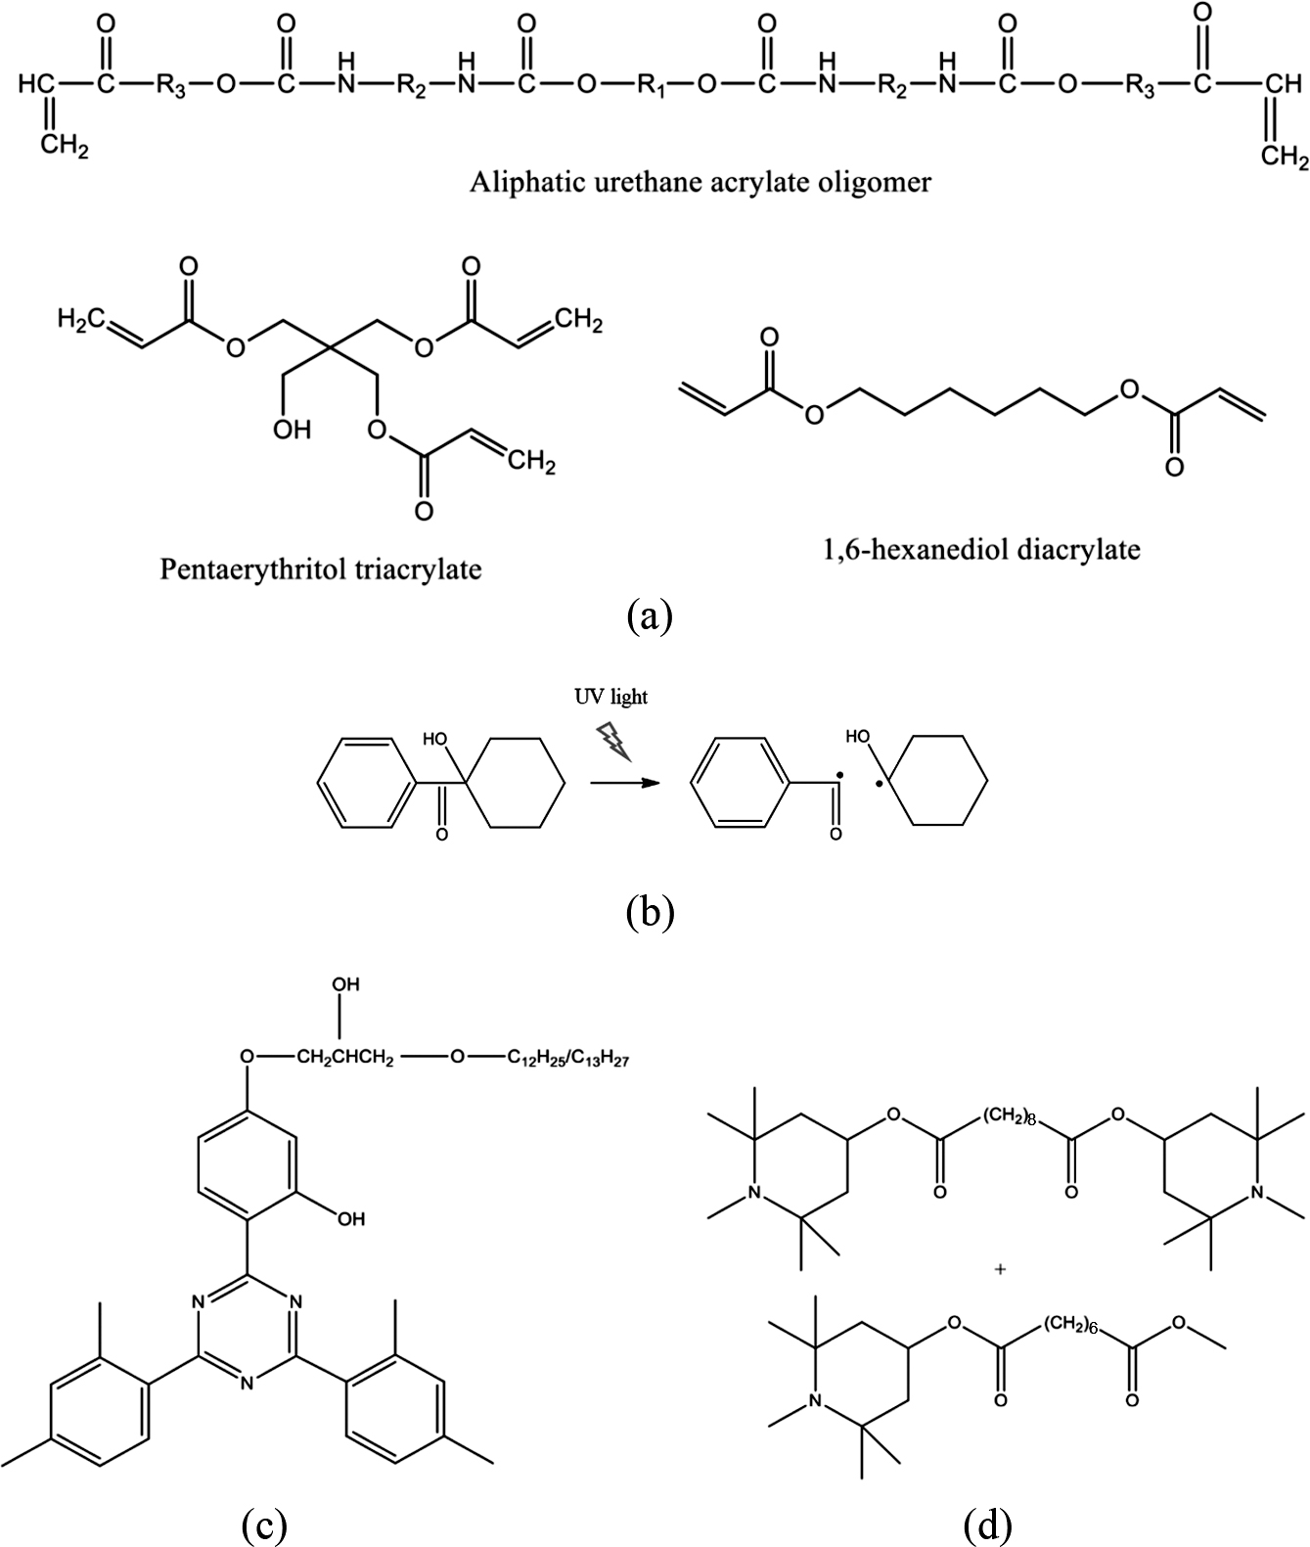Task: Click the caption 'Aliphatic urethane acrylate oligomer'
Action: click(x=700, y=183)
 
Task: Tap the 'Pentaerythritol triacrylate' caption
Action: click(x=321, y=569)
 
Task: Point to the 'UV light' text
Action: click(x=610, y=697)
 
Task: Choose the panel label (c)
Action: click(x=263, y=1523)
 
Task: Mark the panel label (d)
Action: click(x=987, y=1523)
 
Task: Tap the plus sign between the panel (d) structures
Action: click(x=1000, y=1270)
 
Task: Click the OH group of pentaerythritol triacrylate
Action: click(x=292, y=430)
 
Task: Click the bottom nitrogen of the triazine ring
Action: click(x=247, y=1383)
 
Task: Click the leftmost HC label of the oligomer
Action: click(x=37, y=86)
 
